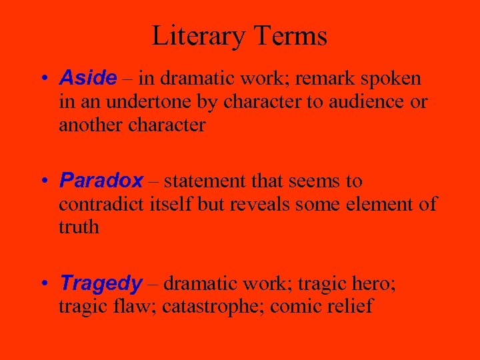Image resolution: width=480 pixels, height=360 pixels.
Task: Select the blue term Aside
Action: [x=87, y=79]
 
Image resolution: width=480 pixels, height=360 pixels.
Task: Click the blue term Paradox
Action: [x=101, y=181]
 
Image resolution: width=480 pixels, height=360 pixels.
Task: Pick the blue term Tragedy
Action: [x=101, y=284]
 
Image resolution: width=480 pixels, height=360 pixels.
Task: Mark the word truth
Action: [x=79, y=227]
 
